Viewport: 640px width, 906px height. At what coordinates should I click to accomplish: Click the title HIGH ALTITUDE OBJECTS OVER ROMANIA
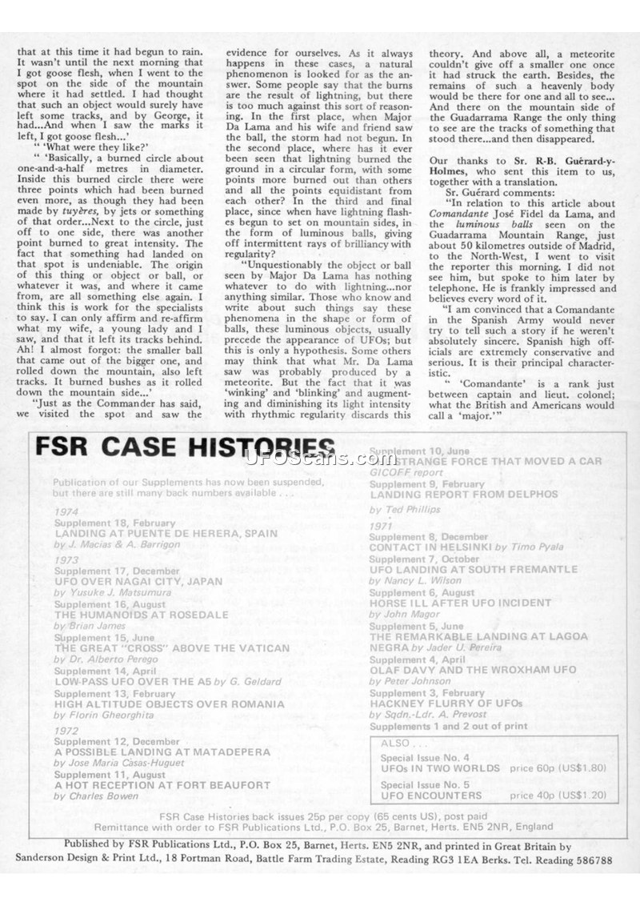click(x=169, y=704)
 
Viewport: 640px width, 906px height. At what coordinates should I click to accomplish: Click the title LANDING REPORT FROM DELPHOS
click(x=464, y=494)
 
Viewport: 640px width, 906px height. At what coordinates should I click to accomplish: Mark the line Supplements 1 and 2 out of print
click(x=448, y=726)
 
